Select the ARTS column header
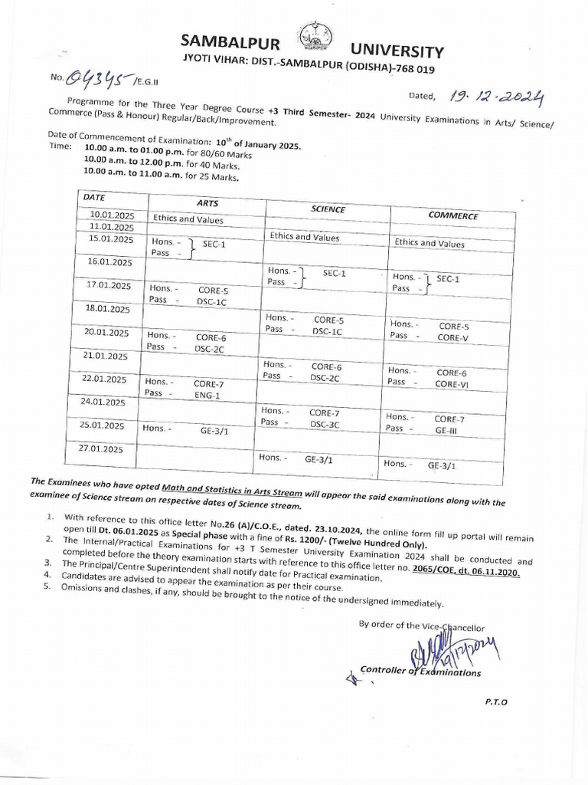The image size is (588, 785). click(x=207, y=203)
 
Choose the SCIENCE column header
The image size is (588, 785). click(x=328, y=209)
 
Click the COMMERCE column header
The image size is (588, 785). click(x=453, y=215)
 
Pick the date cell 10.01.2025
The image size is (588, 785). click(x=112, y=215)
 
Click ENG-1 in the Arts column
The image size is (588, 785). click(x=207, y=396)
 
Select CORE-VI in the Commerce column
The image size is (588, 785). click(x=451, y=384)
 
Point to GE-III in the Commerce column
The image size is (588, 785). click(x=446, y=431)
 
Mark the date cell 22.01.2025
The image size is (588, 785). click(x=105, y=379)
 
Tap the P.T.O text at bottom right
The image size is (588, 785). click(x=495, y=701)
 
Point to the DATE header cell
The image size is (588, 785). click(x=96, y=197)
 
